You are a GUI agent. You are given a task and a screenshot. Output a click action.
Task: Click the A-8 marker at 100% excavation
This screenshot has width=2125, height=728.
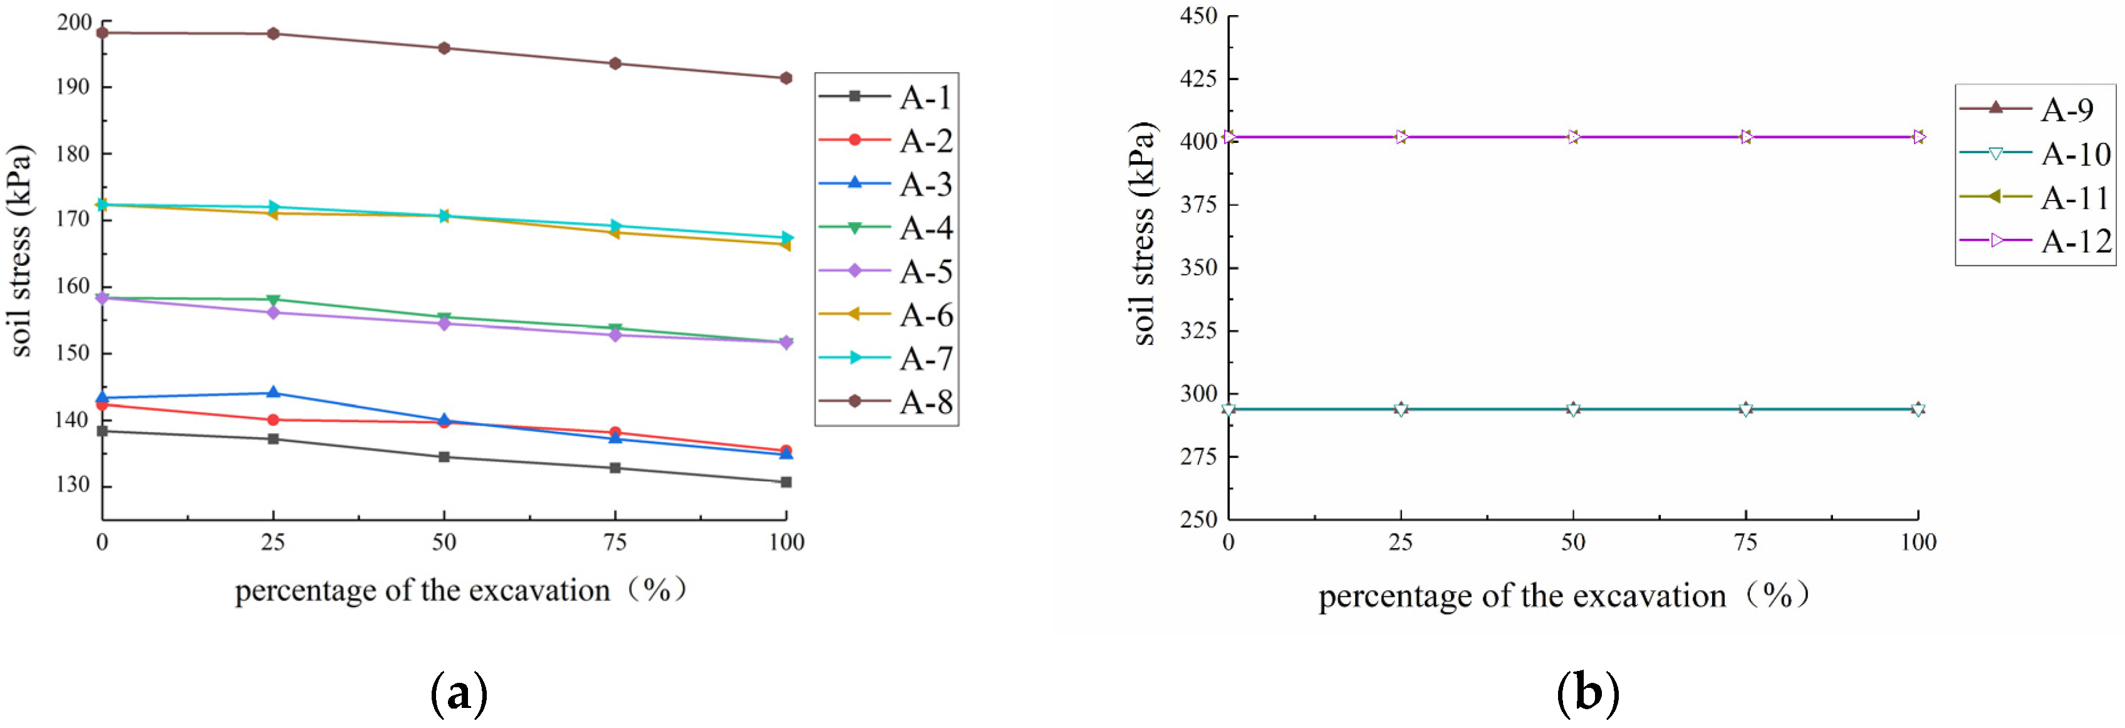click(786, 78)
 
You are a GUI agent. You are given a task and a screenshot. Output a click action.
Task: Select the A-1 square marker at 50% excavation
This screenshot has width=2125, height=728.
click(444, 456)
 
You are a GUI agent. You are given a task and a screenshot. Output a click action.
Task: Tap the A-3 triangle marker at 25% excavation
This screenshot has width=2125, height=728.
click(273, 393)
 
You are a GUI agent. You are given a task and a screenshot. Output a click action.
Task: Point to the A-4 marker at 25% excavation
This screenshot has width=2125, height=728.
click(273, 300)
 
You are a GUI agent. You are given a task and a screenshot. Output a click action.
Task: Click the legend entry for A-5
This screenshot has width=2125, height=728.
click(887, 272)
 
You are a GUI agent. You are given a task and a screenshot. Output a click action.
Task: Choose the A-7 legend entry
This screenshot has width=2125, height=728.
click(887, 358)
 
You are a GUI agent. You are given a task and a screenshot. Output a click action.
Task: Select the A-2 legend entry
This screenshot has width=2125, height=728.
click(887, 141)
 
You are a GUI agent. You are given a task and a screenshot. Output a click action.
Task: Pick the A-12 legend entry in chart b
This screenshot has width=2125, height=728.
click(2034, 241)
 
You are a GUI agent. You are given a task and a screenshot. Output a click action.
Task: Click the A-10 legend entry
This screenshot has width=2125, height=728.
click(2034, 154)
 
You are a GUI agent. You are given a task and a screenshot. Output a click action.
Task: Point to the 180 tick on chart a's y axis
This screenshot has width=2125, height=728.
click(73, 154)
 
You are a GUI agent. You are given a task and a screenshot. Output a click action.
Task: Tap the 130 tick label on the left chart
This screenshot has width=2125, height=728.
click(73, 485)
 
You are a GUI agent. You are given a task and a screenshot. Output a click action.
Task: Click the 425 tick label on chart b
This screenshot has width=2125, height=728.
click(1198, 78)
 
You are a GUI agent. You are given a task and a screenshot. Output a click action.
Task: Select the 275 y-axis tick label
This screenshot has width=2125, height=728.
click(1198, 456)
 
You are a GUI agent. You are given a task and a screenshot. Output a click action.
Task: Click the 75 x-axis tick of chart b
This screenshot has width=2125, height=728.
click(1745, 542)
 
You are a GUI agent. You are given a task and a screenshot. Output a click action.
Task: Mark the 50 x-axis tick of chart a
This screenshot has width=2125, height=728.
click(444, 542)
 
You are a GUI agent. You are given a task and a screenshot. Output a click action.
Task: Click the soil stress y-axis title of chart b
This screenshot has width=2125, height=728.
click(1144, 234)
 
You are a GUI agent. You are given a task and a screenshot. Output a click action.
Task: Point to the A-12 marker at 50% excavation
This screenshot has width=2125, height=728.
click(1573, 137)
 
